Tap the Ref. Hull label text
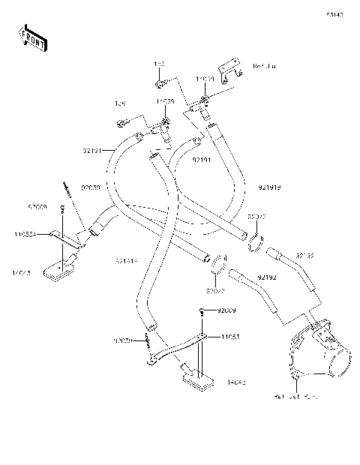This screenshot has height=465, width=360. point(265,67)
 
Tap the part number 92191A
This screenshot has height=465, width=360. point(126,261)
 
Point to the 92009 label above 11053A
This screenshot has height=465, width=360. point(38,205)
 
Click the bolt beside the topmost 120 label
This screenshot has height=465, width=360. point(160,82)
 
